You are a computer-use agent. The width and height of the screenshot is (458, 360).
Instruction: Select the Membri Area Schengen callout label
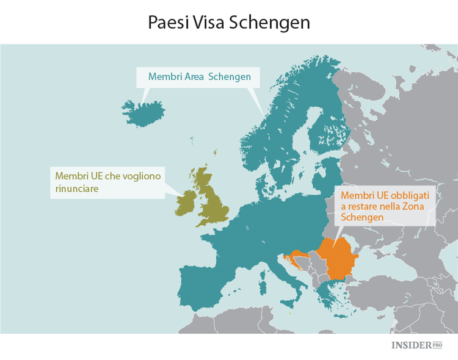pos(200,77)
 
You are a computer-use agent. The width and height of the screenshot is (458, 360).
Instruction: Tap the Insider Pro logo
pos(416,345)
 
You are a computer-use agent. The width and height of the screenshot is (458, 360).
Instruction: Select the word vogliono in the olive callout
pos(138,176)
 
